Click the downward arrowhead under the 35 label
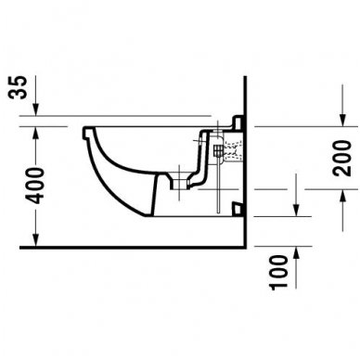click(35, 115)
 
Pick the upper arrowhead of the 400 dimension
click(35, 131)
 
